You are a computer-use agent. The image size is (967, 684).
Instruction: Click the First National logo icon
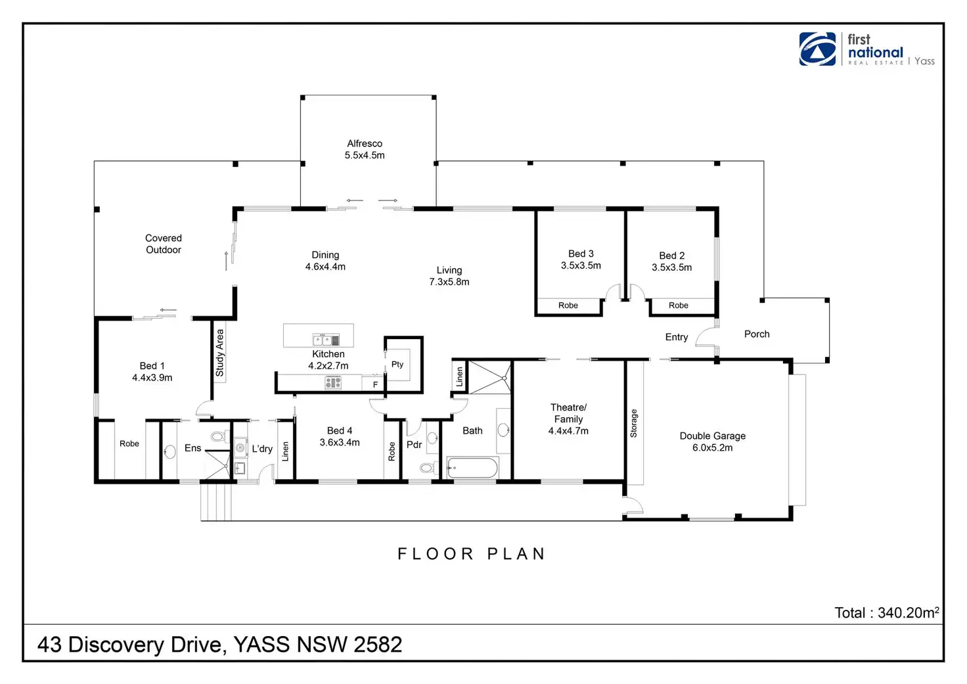point(817,49)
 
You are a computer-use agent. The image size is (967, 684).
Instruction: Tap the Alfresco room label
point(365,144)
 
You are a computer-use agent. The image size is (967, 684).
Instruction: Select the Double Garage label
point(712,436)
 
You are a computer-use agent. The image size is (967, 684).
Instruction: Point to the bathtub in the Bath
point(472,468)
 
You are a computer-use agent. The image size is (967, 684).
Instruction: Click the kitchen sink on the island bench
point(326,340)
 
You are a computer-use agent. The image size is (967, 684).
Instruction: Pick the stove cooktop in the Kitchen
point(333,382)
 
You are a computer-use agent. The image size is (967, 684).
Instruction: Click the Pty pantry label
point(397,364)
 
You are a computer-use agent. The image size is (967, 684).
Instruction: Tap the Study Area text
point(220,353)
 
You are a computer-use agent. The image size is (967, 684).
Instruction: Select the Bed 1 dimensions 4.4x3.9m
point(152,378)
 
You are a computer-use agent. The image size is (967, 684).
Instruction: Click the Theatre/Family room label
point(568,413)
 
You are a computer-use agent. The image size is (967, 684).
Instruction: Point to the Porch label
point(757,334)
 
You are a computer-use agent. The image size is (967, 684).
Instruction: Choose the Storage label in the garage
point(634,423)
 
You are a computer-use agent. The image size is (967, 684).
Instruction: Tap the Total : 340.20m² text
point(886,613)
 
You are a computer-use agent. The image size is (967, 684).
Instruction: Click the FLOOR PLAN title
point(471,554)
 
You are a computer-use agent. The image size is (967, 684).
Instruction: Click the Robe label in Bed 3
point(568,306)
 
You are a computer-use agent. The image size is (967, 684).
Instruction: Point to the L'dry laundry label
point(262,449)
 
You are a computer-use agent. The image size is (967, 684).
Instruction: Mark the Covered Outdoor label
point(164,244)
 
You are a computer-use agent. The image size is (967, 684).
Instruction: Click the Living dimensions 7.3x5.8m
point(449,282)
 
